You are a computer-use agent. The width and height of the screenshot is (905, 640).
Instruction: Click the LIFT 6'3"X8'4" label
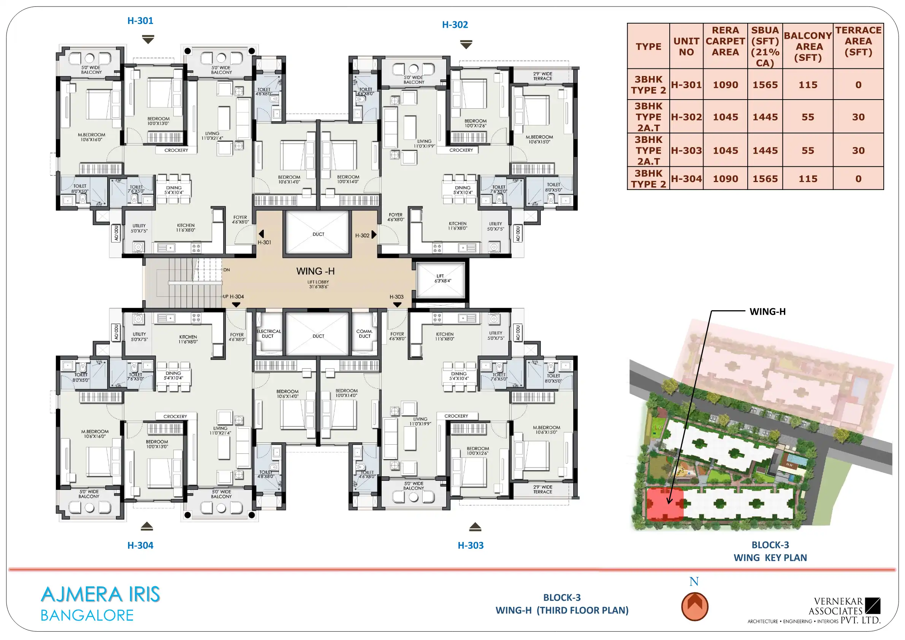(x=442, y=279)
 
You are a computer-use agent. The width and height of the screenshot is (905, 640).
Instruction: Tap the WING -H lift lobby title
(x=315, y=271)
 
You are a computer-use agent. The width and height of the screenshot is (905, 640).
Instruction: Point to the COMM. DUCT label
(x=365, y=334)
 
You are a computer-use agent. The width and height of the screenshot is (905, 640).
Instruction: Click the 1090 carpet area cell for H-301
(x=725, y=85)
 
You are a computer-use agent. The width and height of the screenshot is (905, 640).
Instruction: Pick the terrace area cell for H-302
(x=858, y=117)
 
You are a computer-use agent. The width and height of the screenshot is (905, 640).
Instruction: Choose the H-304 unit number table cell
(x=686, y=179)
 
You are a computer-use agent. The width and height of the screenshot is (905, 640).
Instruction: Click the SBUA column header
(x=765, y=46)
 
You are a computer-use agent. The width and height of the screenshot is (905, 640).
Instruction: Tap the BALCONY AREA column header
(x=808, y=46)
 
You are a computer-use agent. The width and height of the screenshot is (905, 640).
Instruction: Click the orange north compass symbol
(x=694, y=606)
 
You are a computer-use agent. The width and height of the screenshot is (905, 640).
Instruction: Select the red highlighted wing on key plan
(x=665, y=504)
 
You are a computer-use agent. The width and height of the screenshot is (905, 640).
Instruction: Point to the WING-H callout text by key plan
(x=767, y=311)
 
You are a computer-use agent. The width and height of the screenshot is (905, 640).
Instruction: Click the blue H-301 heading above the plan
(x=140, y=21)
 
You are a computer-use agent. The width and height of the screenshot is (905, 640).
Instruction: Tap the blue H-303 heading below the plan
(x=471, y=545)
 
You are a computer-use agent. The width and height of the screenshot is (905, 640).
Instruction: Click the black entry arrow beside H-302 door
(x=374, y=235)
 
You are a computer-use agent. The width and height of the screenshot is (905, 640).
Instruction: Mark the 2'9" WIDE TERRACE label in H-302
(x=543, y=76)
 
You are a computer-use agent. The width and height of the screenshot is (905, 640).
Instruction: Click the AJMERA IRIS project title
(x=100, y=594)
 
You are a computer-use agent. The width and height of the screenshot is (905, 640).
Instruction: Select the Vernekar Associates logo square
(x=873, y=606)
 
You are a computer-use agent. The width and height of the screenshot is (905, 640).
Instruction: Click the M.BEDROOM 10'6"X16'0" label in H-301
(x=92, y=137)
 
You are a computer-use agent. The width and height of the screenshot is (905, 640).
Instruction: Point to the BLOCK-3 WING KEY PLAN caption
(x=770, y=551)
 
